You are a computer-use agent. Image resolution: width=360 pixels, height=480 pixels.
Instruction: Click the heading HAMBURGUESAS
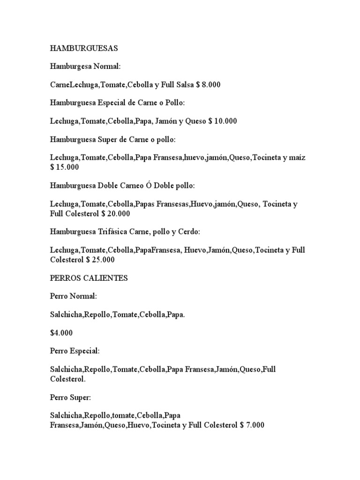click(84, 48)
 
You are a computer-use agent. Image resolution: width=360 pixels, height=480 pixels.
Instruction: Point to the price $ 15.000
click(65, 167)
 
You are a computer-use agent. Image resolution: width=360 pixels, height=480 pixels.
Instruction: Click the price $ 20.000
click(116, 213)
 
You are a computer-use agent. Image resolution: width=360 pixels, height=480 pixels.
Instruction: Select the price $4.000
click(62, 333)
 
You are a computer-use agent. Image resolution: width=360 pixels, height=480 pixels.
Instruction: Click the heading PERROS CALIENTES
click(89, 278)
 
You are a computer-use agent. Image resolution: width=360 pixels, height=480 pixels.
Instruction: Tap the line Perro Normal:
click(74, 296)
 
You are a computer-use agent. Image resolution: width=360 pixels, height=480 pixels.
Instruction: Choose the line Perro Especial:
click(75, 351)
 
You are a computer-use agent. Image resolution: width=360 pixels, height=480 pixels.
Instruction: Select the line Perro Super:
click(71, 397)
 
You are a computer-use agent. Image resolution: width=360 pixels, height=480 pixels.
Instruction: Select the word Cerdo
click(188, 232)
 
